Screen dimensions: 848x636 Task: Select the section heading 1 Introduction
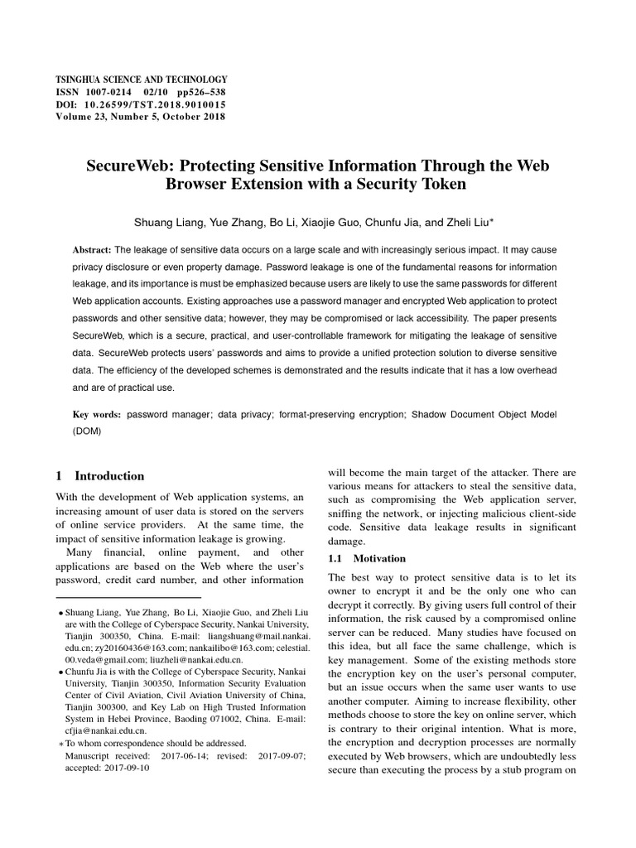tap(99, 476)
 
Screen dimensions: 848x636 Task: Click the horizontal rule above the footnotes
tap(128, 597)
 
